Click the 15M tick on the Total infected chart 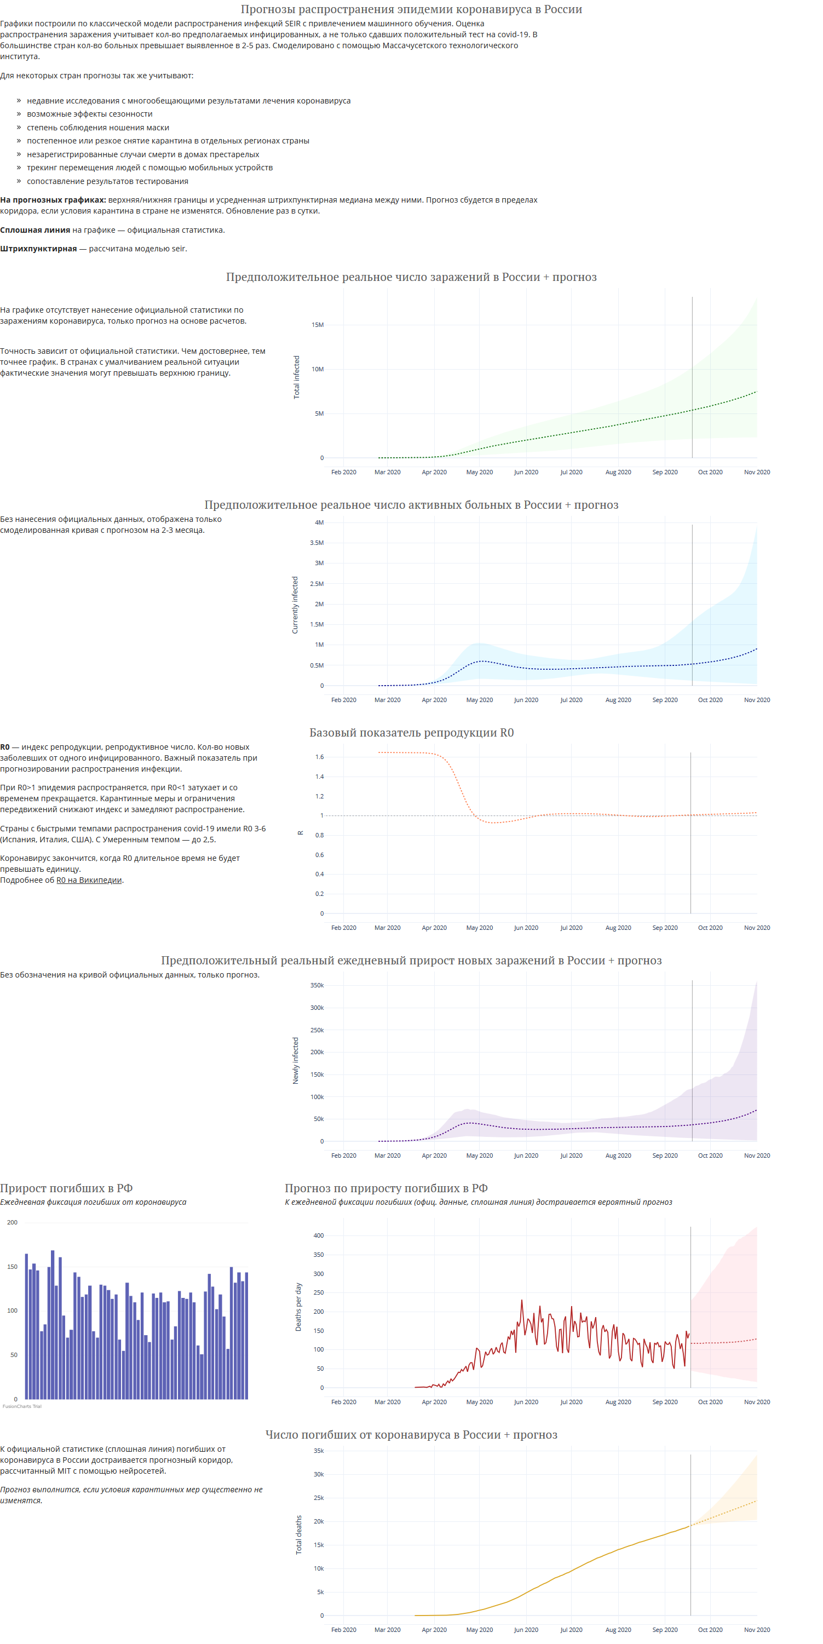(x=317, y=325)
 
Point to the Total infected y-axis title (x=296, y=377)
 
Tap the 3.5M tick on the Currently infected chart (x=316, y=543)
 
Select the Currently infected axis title (x=295, y=605)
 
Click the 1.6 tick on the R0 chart (x=319, y=757)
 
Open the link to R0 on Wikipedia (x=89, y=880)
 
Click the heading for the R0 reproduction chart (x=412, y=733)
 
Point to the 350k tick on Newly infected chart (x=316, y=985)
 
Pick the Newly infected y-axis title (x=295, y=1061)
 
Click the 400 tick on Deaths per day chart (x=318, y=1235)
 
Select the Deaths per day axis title (x=298, y=1307)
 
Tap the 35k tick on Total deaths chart (x=318, y=1451)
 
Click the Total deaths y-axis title (x=298, y=1535)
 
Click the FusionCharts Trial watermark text (x=22, y=1406)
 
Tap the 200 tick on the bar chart (x=12, y=1222)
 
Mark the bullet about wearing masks (x=97, y=128)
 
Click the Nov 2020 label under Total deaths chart (x=757, y=1629)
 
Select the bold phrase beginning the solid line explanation (x=35, y=230)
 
